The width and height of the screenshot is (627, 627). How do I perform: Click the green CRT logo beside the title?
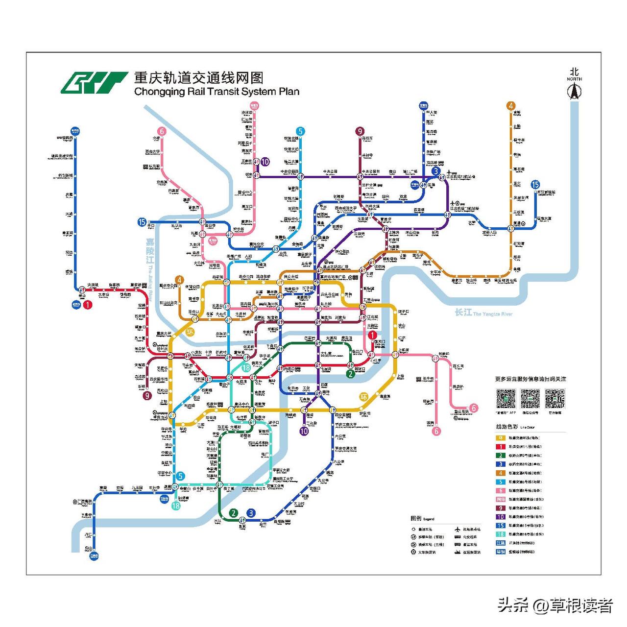[94, 82]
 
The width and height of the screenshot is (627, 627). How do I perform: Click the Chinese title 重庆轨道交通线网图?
[199, 78]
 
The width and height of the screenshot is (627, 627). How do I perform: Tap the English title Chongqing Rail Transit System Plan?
[217, 92]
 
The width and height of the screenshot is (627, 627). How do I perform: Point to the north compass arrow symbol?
[574, 91]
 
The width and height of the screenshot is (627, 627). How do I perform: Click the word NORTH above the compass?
[574, 79]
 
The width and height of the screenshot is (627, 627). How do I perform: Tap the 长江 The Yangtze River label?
[483, 313]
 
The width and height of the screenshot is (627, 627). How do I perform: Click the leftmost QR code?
[506, 399]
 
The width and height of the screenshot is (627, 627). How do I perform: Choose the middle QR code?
[530, 399]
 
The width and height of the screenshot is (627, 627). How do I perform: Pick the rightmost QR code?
[555, 399]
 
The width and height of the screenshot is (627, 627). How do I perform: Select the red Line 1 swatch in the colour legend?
[500, 447]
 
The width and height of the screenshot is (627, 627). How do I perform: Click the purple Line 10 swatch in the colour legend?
[500, 517]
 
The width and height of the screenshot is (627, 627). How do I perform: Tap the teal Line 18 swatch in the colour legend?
[500, 534]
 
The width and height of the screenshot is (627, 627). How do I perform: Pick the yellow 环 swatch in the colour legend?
[500, 438]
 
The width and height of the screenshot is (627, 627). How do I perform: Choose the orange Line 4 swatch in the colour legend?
[500, 473]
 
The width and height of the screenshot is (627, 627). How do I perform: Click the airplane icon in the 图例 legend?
[458, 530]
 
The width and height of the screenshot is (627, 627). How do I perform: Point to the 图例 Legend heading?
[422, 518]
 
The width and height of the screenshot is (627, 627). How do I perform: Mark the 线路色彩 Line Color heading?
[515, 427]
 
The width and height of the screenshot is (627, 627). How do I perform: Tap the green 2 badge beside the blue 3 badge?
[234, 513]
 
